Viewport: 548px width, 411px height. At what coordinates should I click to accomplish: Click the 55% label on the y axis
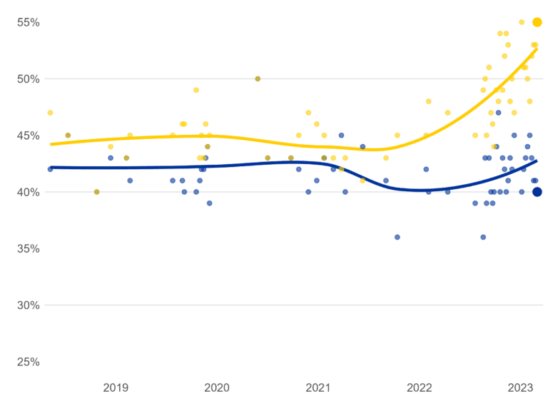pyautogui.click(x=29, y=22)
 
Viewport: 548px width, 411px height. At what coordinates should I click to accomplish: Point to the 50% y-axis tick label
pyautogui.click(x=29, y=78)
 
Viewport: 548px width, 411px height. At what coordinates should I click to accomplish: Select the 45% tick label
pyautogui.click(x=29, y=136)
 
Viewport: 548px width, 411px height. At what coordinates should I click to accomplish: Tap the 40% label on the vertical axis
pyautogui.click(x=29, y=192)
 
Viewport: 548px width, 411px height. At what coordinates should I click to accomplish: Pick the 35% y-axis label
pyautogui.click(x=29, y=249)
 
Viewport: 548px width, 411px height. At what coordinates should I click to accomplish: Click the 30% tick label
pyautogui.click(x=29, y=305)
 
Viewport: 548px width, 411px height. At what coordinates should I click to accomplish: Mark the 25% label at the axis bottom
pyautogui.click(x=29, y=362)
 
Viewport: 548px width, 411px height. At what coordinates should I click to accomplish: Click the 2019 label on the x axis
pyautogui.click(x=116, y=387)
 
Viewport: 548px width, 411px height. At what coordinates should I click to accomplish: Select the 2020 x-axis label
pyautogui.click(x=217, y=387)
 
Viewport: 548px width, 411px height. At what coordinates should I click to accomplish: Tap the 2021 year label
pyautogui.click(x=318, y=387)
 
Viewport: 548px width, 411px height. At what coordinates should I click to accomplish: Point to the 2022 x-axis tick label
pyautogui.click(x=419, y=387)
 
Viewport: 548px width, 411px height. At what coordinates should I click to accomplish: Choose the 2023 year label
pyautogui.click(x=519, y=387)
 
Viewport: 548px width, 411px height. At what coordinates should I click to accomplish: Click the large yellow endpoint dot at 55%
pyautogui.click(x=537, y=22)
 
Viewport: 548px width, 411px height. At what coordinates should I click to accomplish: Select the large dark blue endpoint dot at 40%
pyautogui.click(x=537, y=191)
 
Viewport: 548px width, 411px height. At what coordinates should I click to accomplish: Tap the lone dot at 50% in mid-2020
pyautogui.click(x=258, y=78)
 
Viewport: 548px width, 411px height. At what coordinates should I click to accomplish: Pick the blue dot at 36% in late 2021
pyautogui.click(x=397, y=237)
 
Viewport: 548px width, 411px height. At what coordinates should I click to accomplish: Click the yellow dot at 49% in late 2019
pyautogui.click(x=196, y=90)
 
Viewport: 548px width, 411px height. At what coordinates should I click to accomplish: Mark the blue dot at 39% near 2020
pyautogui.click(x=209, y=203)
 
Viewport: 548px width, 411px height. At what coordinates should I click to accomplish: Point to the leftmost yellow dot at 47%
pyautogui.click(x=50, y=113)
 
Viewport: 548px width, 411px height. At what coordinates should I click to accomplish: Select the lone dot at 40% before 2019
pyautogui.click(x=96, y=192)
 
